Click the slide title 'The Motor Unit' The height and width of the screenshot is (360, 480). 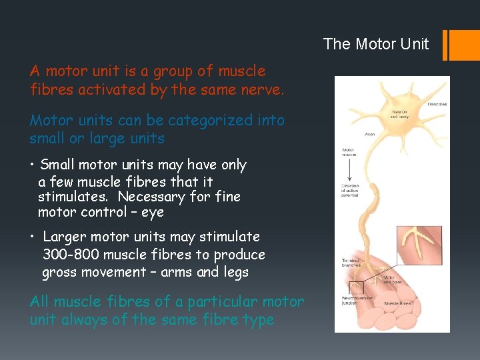tap(376, 44)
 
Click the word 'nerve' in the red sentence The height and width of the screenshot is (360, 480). tap(263, 89)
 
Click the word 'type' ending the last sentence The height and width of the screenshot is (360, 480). tap(258, 319)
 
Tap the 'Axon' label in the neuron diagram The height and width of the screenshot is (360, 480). tap(370, 134)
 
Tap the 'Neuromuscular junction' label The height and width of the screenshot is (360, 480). tap(354, 301)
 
